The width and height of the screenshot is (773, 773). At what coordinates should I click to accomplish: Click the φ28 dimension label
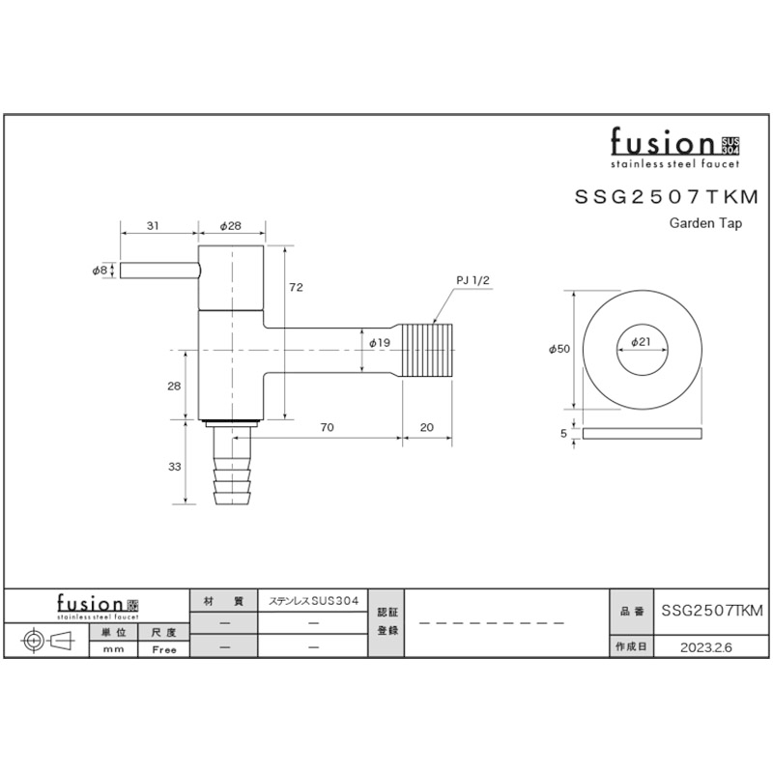[230, 226]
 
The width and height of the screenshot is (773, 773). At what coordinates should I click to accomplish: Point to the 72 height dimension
[296, 287]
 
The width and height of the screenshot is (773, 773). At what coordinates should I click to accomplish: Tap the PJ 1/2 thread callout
[472, 280]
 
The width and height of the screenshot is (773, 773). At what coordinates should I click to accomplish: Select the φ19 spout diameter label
[380, 343]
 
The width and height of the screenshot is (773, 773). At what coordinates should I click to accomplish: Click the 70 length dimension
[327, 427]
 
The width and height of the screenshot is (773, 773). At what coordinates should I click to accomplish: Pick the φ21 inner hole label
[641, 341]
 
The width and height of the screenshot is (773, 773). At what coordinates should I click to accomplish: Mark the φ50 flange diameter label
[559, 349]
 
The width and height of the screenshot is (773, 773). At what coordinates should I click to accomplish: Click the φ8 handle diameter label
[100, 271]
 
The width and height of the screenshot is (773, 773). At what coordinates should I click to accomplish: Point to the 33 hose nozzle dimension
[175, 467]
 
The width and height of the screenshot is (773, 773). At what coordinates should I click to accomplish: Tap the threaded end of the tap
[427, 350]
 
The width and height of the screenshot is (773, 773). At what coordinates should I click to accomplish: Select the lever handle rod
[160, 271]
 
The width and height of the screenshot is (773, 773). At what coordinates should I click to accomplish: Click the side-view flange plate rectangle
[642, 433]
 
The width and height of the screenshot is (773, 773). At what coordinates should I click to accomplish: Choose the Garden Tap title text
[705, 223]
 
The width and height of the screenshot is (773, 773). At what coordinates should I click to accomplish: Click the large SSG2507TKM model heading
[667, 197]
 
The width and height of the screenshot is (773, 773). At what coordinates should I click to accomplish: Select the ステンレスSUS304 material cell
[313, 601]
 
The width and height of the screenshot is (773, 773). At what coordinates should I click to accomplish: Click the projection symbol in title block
[47, 641]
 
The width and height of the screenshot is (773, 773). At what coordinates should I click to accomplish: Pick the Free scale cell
[164, 649]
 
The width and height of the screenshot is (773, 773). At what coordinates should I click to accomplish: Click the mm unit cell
[113, 649]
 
